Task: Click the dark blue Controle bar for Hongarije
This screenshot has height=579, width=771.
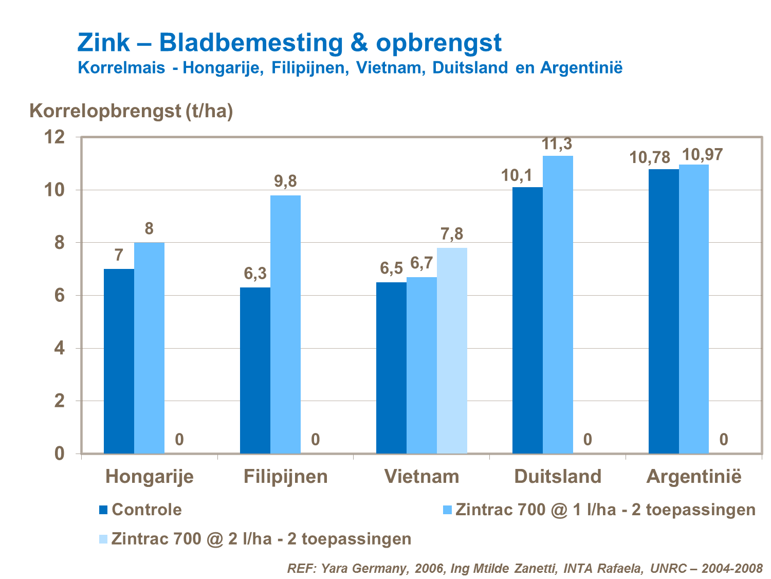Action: pos(119,361)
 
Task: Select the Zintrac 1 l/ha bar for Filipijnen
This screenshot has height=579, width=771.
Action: pos(285,324)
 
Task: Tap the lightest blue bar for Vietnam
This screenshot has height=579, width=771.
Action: pos(452,350)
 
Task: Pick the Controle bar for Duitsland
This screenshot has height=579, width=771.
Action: pos(527,320)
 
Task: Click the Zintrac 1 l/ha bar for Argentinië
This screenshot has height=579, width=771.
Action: pos(693,309)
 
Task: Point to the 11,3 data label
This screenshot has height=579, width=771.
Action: pos(557,144)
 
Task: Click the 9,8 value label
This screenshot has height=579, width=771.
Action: pos(285,181)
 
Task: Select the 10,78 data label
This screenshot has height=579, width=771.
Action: pos(650,157)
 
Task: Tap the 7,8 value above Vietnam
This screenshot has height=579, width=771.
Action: pos(452,234)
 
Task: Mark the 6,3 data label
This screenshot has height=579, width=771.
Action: pos(255,274)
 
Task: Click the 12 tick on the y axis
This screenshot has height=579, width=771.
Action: pos(55,137)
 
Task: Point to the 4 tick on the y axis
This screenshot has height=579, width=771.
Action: pos(60,348)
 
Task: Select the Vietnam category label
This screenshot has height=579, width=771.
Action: pos(421,476)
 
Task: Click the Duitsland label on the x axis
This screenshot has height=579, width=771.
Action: pos(558,476)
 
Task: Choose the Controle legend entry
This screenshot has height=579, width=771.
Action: pos(146,510)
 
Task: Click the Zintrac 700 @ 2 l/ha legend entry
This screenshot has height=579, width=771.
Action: pos(261,538)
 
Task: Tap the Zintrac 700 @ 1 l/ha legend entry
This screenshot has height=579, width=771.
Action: pos(605,510)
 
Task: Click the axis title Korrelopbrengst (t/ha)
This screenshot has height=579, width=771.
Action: pos(132,111)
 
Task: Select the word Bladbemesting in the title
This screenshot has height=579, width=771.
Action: pos(251,42)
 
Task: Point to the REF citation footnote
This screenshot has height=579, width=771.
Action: pos(525,568)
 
